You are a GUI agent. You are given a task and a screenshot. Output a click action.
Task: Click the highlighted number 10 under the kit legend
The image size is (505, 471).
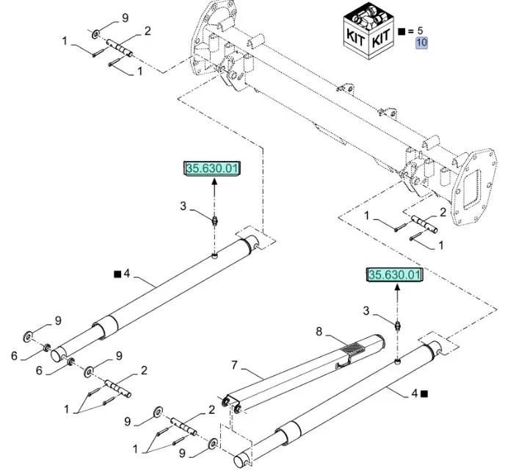pos(422,43)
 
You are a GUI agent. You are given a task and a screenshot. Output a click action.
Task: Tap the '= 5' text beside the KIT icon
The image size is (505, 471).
pos(417,31)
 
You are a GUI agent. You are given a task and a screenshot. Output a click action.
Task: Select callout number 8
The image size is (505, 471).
pos(319,331)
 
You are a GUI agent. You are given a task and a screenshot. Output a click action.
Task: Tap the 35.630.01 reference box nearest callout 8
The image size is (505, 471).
pos(396,275)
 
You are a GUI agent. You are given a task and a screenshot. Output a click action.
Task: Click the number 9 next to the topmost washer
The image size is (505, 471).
pos(124,17)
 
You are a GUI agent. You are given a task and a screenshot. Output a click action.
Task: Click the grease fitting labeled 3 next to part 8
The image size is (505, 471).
pos(397,325)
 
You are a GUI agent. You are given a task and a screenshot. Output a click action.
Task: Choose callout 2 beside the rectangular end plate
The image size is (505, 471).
pos(443,212)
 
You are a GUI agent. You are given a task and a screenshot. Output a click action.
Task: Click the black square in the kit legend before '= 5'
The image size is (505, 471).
pos(401,32)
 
